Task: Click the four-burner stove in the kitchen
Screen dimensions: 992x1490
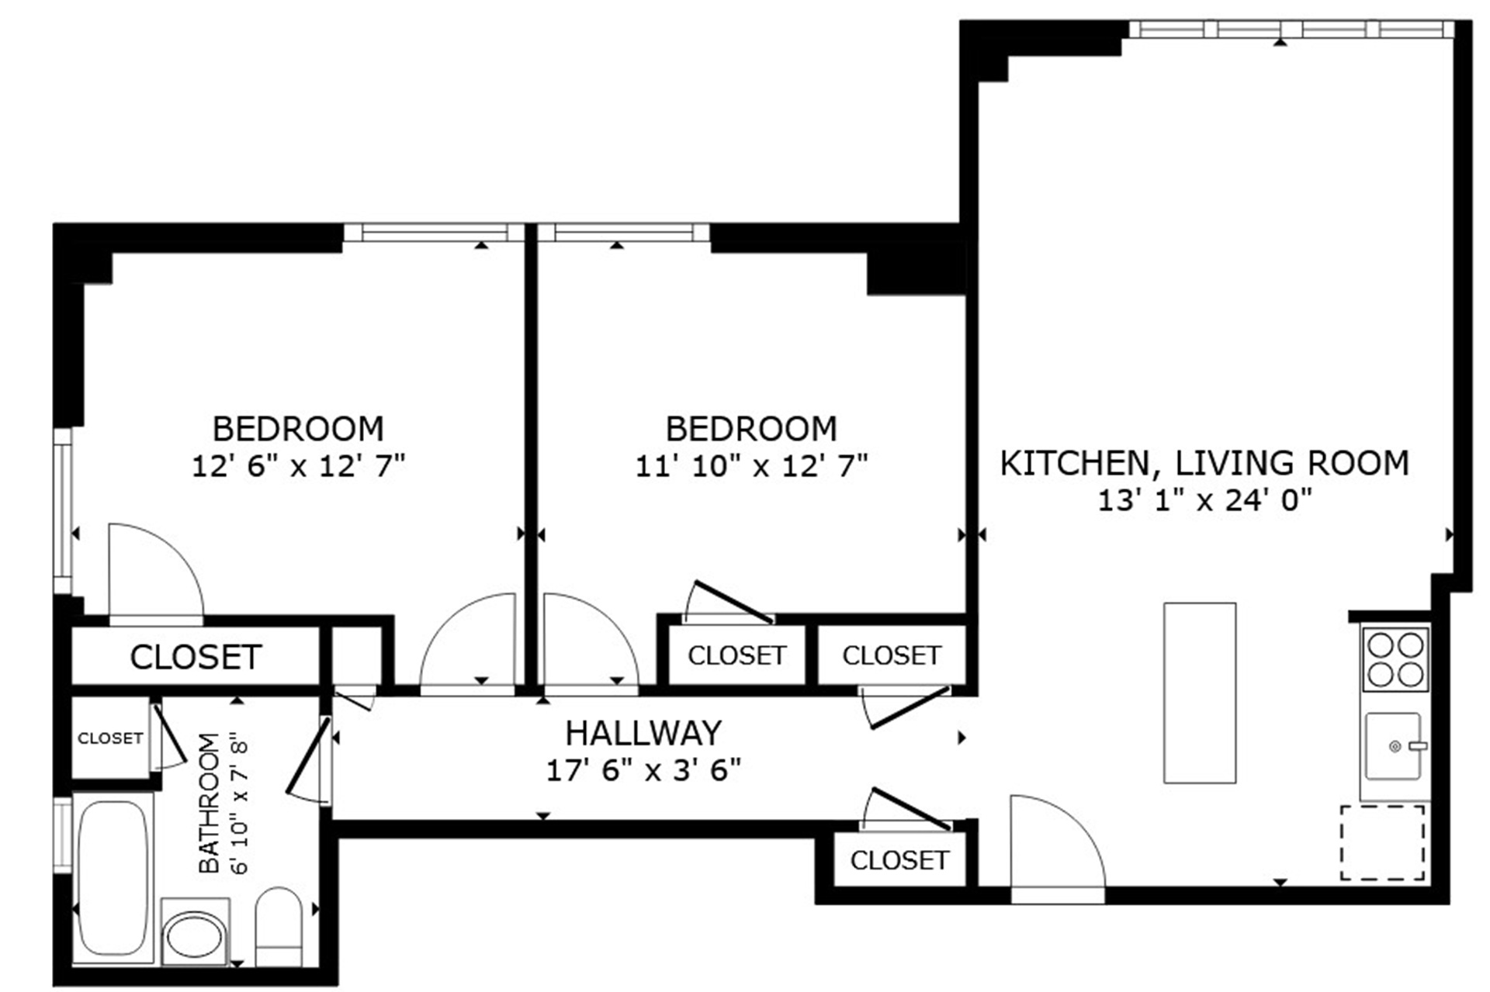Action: (x=1395, y=659)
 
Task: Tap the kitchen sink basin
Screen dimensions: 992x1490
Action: (x=1393, y=746)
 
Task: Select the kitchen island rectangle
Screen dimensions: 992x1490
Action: (x=1199, y=693)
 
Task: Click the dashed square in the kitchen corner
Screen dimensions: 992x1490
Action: (x=1382, y=842)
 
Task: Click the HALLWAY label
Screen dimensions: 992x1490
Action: (x=643, y=733)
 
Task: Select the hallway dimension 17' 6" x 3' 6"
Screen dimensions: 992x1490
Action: (x=643, y=770)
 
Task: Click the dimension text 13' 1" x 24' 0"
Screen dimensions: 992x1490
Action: (x=1204, y=500)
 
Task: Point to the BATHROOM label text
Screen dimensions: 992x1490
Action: (x=209, y=803)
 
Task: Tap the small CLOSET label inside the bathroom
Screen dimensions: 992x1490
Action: (x=110, y=738)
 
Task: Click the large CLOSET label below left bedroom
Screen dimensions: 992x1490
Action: (x=196, y=657)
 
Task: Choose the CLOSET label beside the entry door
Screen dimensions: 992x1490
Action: (x=899, y=860)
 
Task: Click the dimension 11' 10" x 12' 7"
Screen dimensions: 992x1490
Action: (x=751, y=466)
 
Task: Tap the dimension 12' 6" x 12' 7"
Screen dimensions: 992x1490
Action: (x=298, y=466)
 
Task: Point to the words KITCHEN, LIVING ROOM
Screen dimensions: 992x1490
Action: (x=1204, y=463)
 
